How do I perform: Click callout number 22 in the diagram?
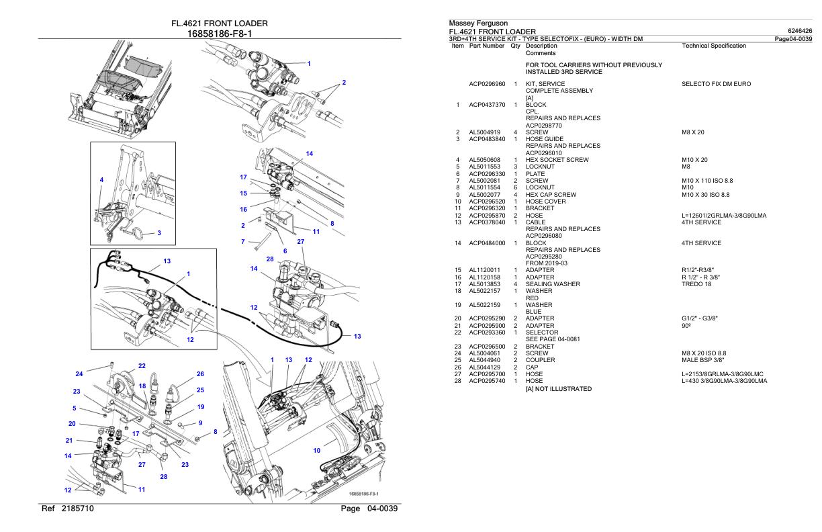(142, 366)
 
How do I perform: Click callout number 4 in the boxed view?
(101, 180)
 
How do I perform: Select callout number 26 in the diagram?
(199, 374)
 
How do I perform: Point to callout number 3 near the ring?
(158, 233)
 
